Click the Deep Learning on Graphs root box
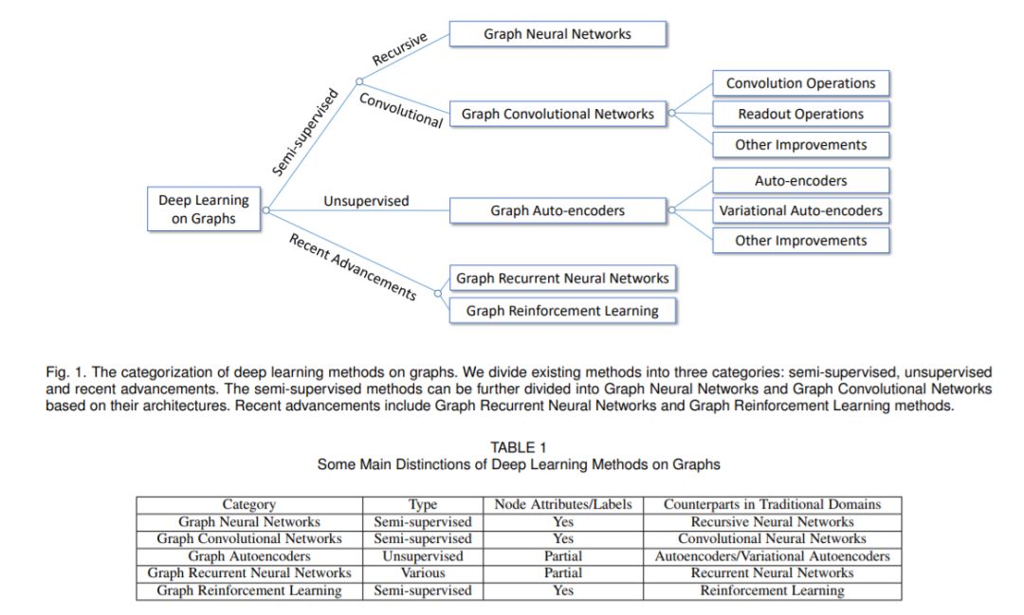[204, 209]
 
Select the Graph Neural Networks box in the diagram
[558, 34]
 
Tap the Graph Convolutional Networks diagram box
[558, 114]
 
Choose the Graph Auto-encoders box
[558, 210]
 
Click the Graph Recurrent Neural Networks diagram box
[562, 279]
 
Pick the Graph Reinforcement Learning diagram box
[562, 311]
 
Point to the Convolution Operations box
[801, 83]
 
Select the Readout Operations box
[801, 115]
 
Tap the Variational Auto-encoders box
[801, 210]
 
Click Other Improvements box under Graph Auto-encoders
[801, 241]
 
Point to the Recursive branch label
[399, 48]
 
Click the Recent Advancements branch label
[353, 265]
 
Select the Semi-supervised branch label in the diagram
[305, 132]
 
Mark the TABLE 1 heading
[518, 447]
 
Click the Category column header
[249, 505]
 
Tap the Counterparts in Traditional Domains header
[772, 505]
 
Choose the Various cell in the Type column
[422, 573]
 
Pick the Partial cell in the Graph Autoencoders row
[563, 556]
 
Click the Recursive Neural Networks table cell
[772, 522]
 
